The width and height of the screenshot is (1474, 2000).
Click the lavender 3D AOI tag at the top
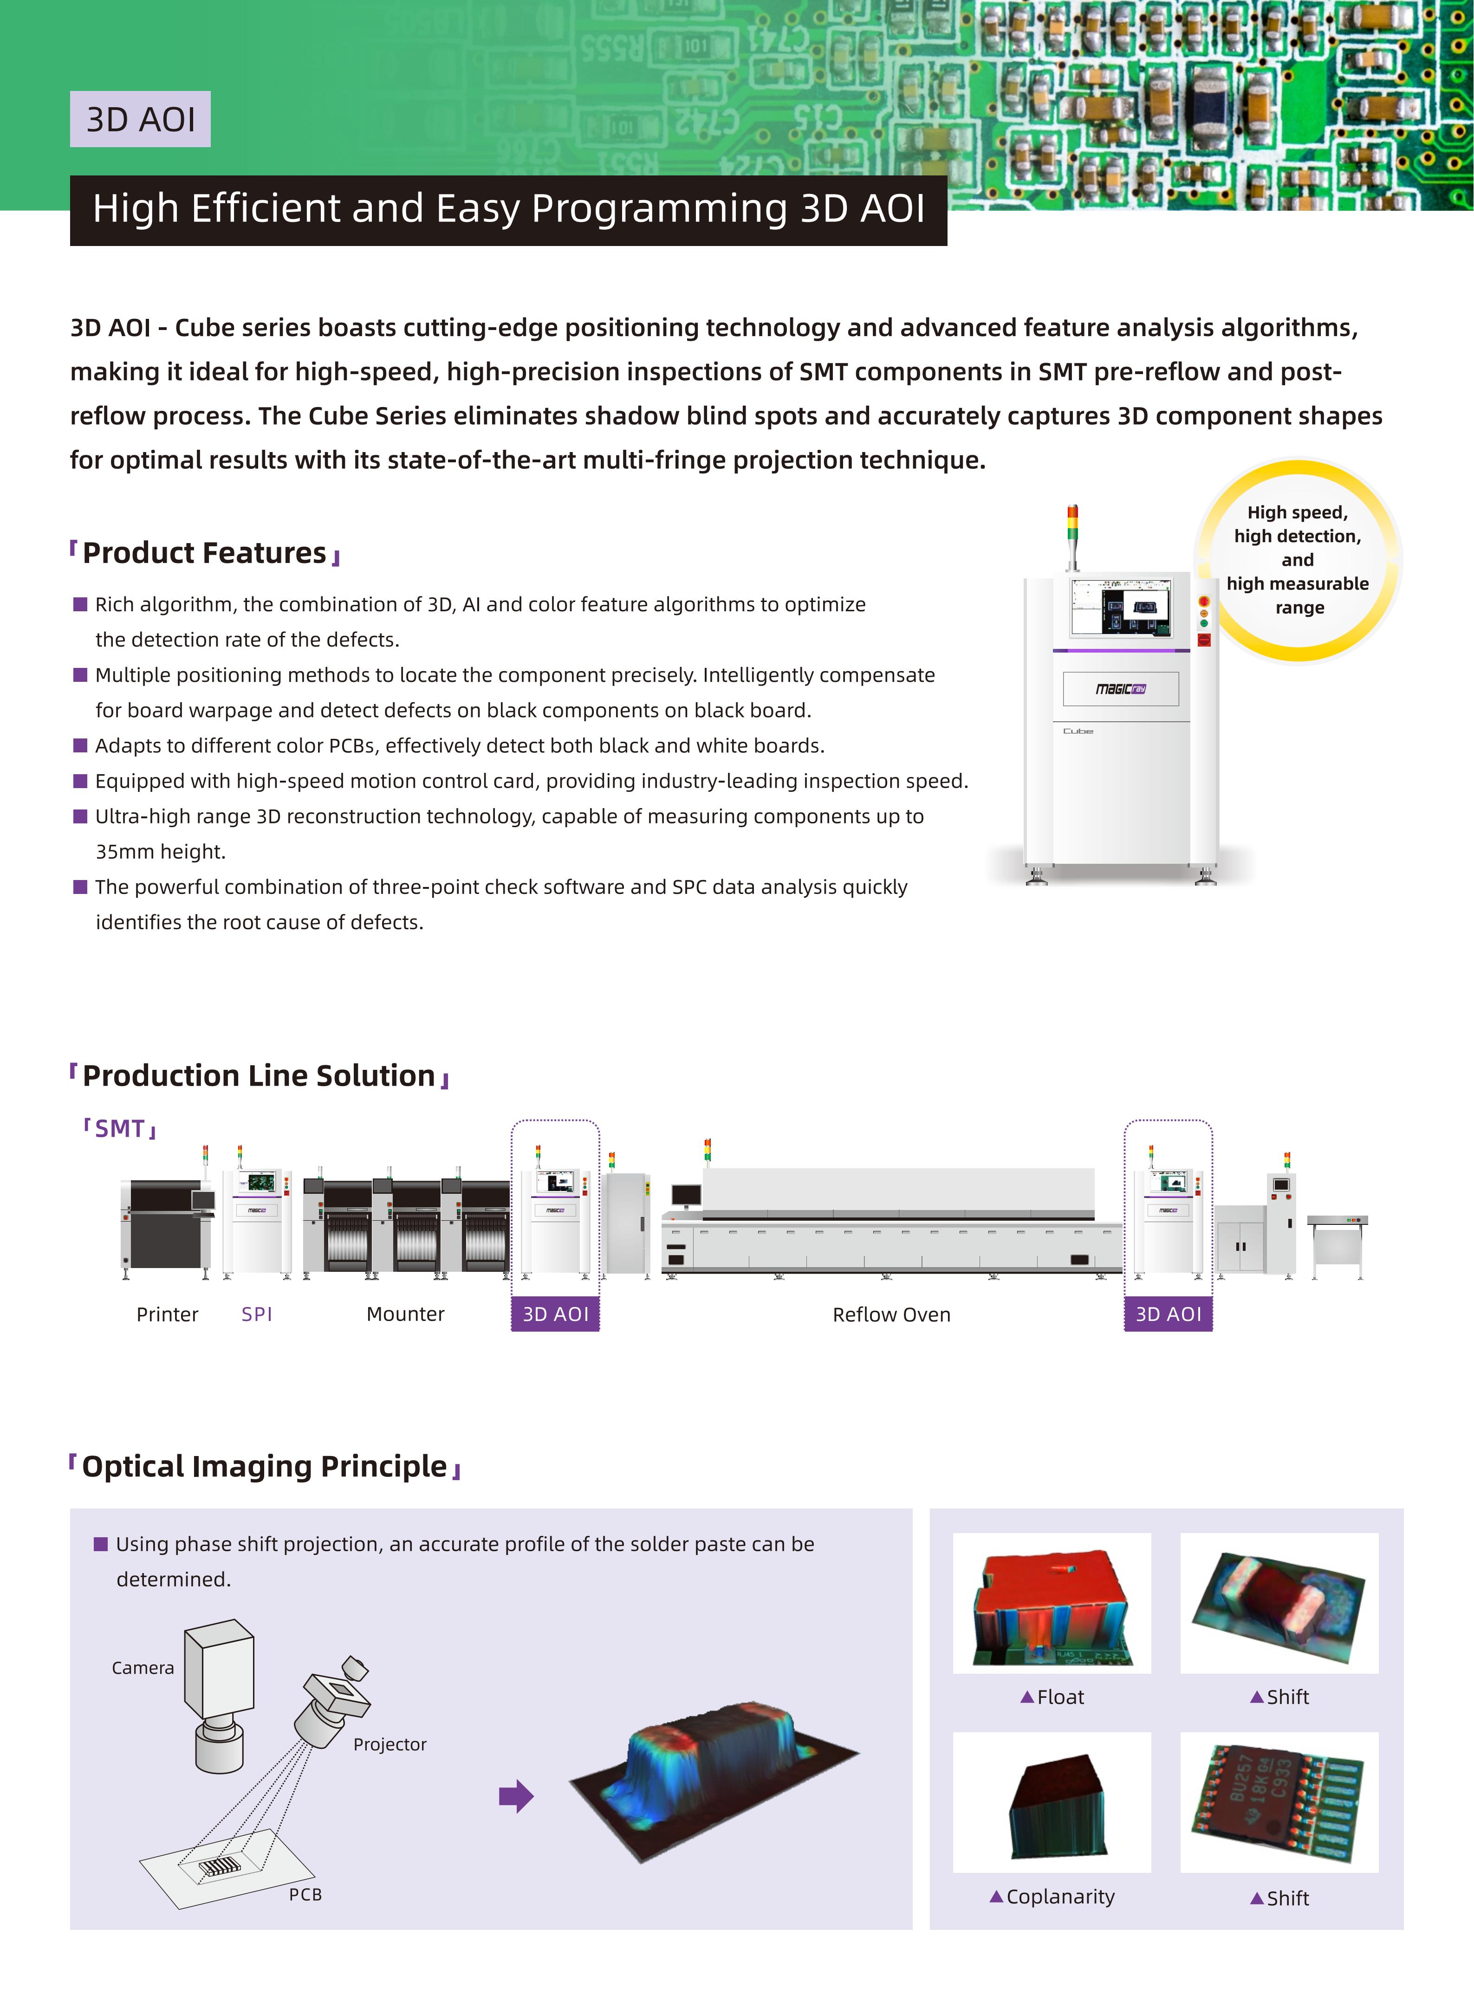point(140,119)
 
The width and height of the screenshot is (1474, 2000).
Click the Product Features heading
point(204,553)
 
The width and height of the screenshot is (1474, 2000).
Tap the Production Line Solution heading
point(259,1076)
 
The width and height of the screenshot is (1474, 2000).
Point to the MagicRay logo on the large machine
point(1121,689)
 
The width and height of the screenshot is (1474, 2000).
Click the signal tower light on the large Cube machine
point(1072,535)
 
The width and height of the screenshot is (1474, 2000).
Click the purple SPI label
point(257,1314)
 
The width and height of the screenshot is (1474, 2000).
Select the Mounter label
point(405,1314)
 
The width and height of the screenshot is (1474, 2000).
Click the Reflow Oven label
point(891,1315)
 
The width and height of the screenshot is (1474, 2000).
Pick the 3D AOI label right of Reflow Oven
point(1168,1314)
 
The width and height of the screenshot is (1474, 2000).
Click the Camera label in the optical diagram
point(143,1667)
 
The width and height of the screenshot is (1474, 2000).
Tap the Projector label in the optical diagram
point(390,1744)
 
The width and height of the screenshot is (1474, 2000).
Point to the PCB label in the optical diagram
point(305,1894)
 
